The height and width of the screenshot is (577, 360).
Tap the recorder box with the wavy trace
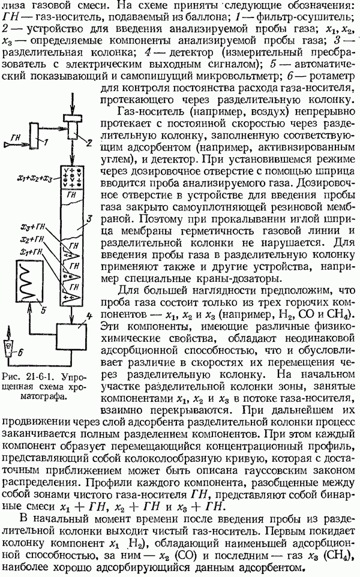pyautogui.click(x=28, y=280)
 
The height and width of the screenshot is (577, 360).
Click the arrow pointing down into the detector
pyautogui.click(x=72, y=314)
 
